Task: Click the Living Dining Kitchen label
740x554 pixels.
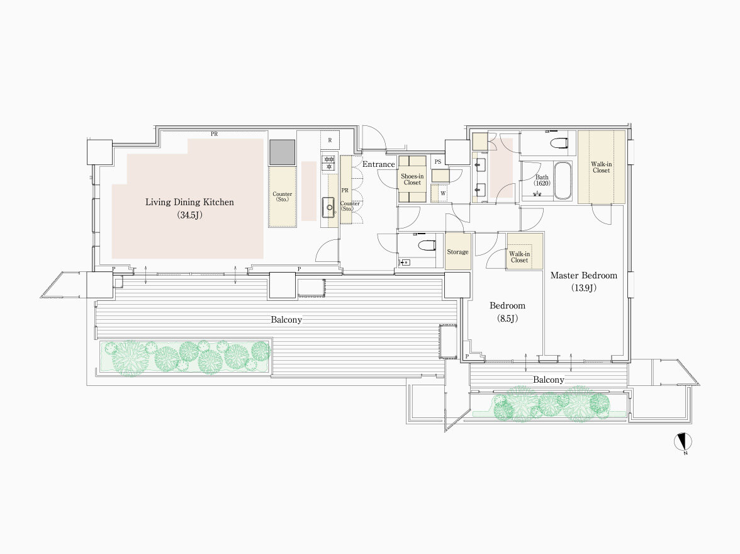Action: coord(189,202)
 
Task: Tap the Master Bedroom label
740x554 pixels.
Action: coord(584,275)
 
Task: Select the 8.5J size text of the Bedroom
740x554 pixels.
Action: coord(507,319)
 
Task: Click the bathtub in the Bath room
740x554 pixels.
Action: coord(562,181)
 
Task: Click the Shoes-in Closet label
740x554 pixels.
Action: coord(412,179)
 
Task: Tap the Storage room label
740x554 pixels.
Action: coord(458,252)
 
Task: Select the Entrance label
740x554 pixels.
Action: coord(379,164)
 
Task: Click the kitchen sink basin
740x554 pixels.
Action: coord(329,207)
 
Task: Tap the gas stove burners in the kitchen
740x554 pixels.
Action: coord(328,163)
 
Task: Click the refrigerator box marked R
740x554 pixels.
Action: coord(330,140)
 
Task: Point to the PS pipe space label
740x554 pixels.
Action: coord(438,162)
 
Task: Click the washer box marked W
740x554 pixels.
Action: coord(443,193)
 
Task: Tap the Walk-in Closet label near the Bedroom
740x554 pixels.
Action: coord(519,257)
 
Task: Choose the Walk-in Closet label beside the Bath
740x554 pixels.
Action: coord(602,167)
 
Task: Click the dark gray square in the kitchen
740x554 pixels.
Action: coord(282,152)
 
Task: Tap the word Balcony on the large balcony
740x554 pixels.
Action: coord(286,320)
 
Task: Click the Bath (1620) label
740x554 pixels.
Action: coord(542,181)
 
